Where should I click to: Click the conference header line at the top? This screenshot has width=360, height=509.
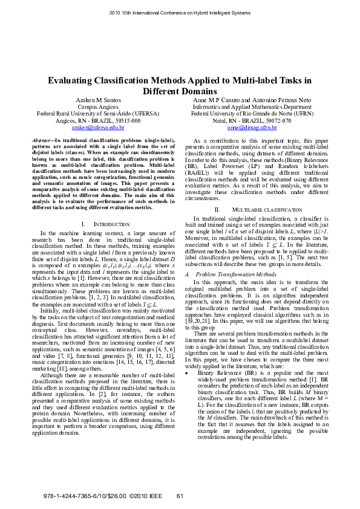pyautogui.click(x=180, y=12)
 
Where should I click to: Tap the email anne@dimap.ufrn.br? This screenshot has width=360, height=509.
pyautogui.click(x=252, y=128)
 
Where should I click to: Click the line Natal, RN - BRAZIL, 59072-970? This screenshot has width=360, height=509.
pyautogui.click(x=252, y=120)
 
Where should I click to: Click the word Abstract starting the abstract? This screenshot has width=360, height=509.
pyautogui.click(x=41, y=140)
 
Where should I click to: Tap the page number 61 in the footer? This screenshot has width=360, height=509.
pyautogui.click(x=180, y=496)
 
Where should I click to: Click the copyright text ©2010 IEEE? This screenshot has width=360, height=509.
pyautogui.click(x=148, y=496)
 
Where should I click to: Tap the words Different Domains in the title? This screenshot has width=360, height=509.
pyautogui.click(x=180, y=91)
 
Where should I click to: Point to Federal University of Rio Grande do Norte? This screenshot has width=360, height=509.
pyautogui.click(x=252, y=113)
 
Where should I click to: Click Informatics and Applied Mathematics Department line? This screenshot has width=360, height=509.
pyautogui.click(x=252, y=106)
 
